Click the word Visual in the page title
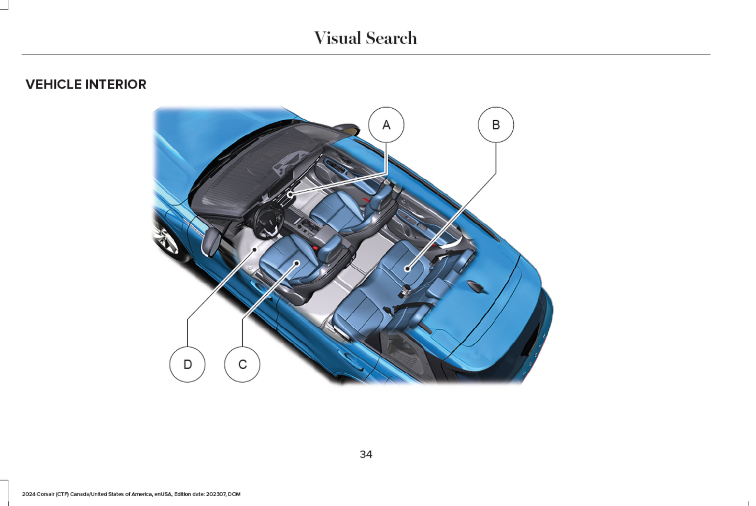338,38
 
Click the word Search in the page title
391,38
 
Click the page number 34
366,454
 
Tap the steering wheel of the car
269,221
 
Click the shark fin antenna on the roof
476,286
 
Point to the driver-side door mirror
212,241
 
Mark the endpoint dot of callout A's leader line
290,194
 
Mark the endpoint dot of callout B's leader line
408,269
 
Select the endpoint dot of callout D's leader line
255,249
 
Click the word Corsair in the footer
45,494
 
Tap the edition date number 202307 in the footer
216,494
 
